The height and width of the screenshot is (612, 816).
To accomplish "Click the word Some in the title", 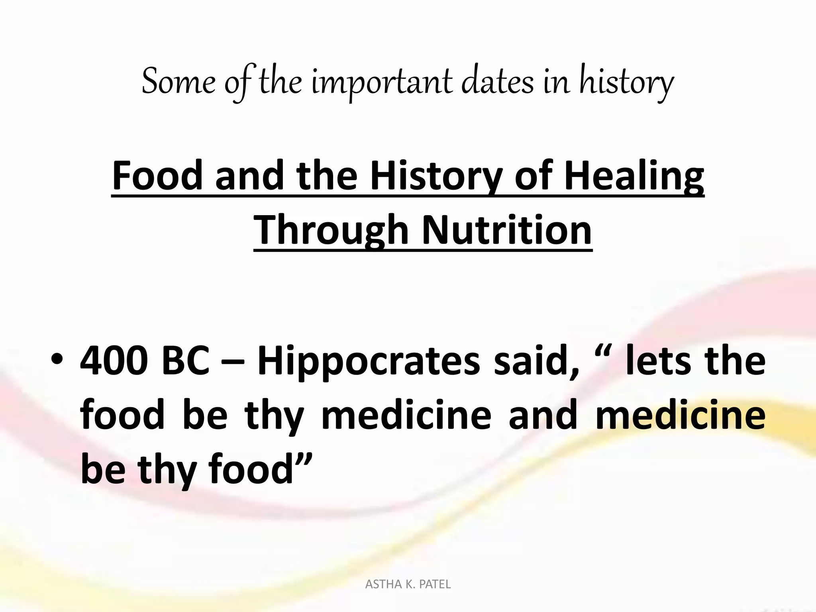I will [x=178, y=82].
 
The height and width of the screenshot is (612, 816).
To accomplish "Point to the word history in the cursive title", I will [x=626, y=82].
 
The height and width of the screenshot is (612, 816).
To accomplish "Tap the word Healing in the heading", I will [x=634, y=175].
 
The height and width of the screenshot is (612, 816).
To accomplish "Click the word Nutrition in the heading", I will [x=506, y=230].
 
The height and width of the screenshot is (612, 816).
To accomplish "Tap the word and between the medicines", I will [x=543, y=416].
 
